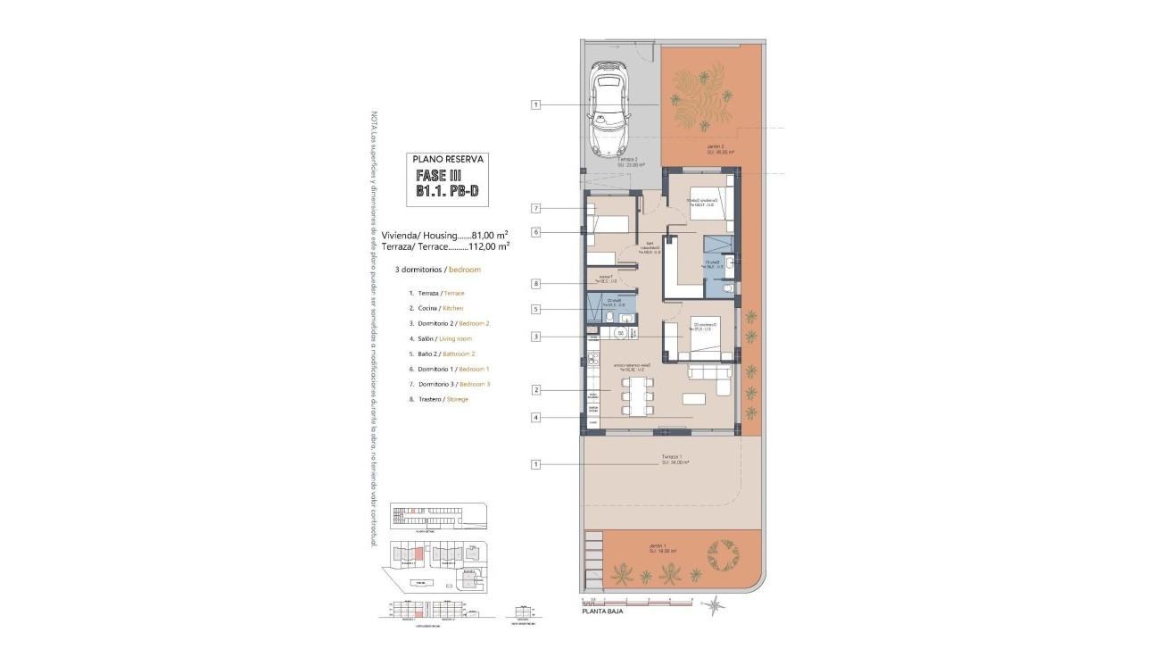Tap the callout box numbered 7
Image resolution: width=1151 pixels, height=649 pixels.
(536, 208)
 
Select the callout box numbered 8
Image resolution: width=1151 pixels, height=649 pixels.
(536, 284)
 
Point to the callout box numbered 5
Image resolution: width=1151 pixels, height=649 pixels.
(536, 310)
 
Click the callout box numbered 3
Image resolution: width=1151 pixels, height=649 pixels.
(536, 337)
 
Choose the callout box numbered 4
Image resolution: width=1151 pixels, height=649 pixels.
(536, 417)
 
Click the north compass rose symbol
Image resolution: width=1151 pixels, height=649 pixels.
(715, 606)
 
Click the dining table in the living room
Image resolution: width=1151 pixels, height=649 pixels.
(637, 396)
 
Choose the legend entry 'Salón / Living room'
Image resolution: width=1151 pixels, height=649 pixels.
(440, 338)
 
